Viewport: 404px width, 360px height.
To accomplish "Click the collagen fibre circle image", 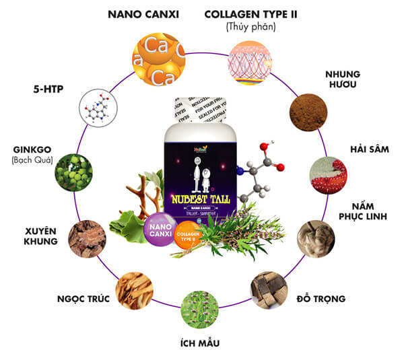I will pos(250,58).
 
